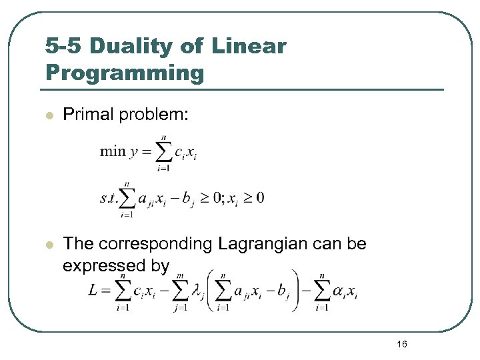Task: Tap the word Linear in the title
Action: tap(249, 46)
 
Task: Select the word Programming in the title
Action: tap(125, 72)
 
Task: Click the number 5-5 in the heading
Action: tap(63, 46)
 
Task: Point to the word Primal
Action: tap(87, 116)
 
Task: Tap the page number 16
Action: tap(401, 344)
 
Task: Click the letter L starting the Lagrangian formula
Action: tap(94, 291)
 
